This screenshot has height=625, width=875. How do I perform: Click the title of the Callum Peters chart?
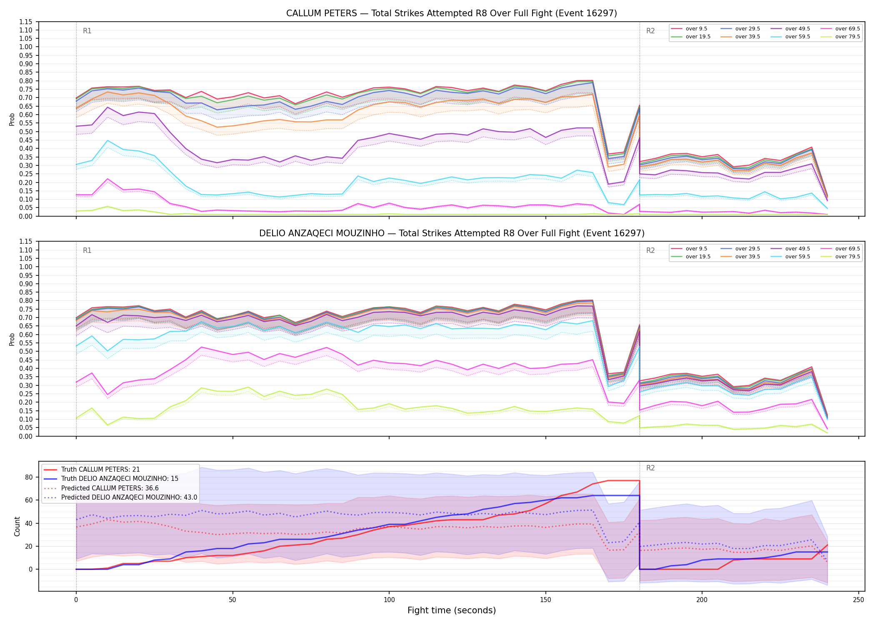tap(452, 13)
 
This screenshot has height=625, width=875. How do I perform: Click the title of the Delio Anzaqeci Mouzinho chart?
tap(452, 233)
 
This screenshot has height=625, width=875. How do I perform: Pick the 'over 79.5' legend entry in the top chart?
tap(840, 37)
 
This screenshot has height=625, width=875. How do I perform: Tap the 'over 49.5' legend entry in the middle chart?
tap(790, 249)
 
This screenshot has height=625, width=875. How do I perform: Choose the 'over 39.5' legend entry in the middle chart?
tap(740, 257)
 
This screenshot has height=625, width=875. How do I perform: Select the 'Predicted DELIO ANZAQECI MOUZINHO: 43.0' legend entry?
tap(120, 497)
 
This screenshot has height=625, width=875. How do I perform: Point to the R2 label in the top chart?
tap(650, 31)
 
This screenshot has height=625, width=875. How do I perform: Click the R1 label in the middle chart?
tap(87, 250)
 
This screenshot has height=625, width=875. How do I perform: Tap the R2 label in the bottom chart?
tap(650, 468)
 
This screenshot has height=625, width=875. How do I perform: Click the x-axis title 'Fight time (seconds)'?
tap(452, 611)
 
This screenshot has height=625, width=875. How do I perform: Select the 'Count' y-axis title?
tap(17, 526)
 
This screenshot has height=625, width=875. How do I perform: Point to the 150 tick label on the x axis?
tap(545, 600)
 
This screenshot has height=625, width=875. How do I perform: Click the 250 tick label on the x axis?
tap(858, 600)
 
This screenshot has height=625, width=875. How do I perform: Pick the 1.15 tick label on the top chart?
tap(26, 22)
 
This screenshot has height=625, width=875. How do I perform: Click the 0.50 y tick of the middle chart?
tap(26, 351)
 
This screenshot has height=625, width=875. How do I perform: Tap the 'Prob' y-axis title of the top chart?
tap(12, 119)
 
